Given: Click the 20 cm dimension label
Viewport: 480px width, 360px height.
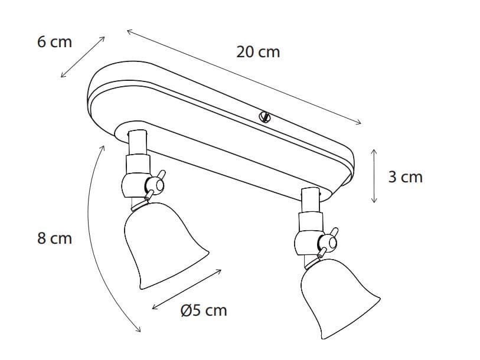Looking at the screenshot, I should [x=258, y=52].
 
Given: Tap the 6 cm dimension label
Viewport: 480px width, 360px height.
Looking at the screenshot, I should [x=54, y=42].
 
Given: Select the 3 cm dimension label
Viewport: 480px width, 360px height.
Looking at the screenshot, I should [x=405, y=176].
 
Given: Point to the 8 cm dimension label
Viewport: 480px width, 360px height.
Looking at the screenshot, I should [x=54, y=238].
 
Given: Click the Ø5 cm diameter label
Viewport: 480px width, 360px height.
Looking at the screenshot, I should [x=203, y=310].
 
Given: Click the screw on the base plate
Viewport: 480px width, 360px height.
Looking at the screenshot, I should [x=265, y=117].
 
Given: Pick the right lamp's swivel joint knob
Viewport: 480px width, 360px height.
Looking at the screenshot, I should [x=325, y=241].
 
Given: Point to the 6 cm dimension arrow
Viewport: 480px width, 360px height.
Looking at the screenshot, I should [x=83, y=57].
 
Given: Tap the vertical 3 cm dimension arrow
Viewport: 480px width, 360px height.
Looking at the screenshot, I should [x=374, y=176].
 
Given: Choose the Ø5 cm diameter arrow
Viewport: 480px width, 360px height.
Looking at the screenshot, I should [x=187, y=289].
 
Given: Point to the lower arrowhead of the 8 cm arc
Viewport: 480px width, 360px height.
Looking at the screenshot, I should [x=138, y=329].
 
